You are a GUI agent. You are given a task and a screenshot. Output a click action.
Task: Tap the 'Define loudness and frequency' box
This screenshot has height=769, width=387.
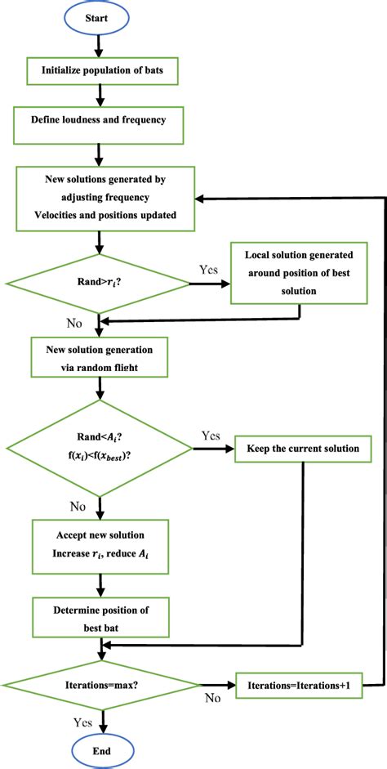coord(99,120)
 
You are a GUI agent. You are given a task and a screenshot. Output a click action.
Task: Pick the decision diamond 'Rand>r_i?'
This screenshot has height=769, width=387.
coord(99,284)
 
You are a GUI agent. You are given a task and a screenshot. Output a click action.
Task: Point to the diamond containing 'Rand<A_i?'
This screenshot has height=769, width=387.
coord(99,447)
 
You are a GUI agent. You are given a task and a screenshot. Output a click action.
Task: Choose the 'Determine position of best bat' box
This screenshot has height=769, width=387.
coord(99,615)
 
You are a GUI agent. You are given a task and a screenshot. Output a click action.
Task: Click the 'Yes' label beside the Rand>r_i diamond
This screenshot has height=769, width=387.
coord(208,268)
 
